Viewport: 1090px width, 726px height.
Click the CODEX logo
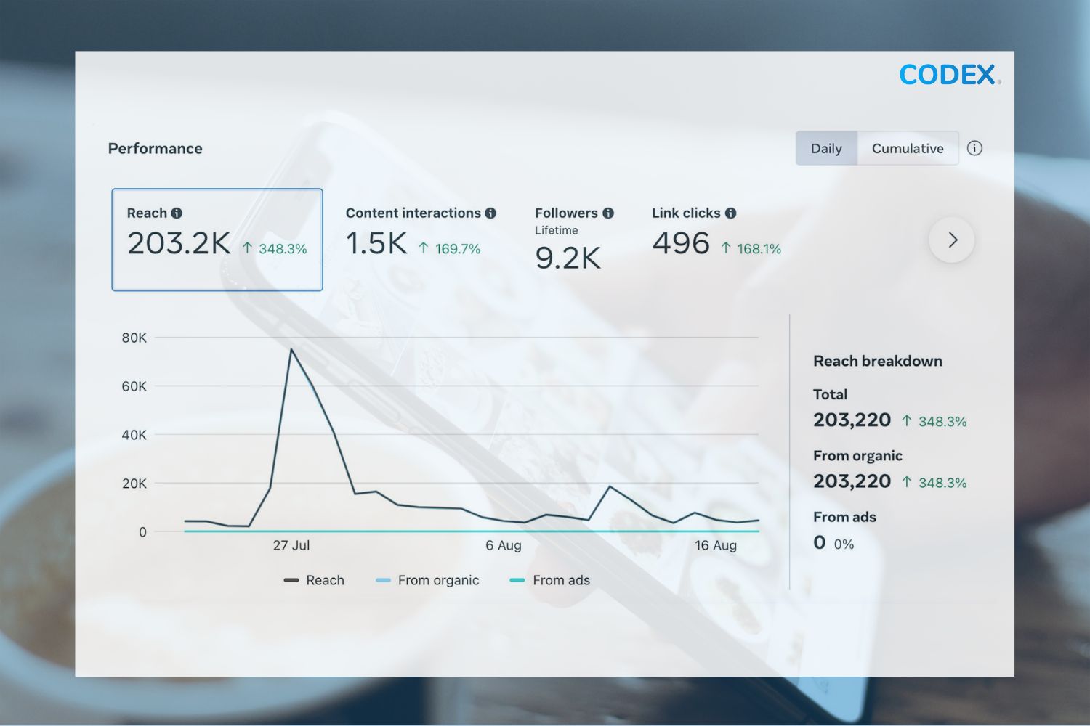(x=948, y=75)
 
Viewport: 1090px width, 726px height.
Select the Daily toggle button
(x=826, y=148)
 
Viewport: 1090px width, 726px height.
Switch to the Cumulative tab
(x=908, y=148)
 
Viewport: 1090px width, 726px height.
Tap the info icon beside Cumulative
(x=974, y=148)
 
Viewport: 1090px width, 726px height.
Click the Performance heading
(x=155, y=148)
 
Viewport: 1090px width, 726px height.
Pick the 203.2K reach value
(x=179, y=244)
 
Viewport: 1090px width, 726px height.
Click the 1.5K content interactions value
(x=376, y=244)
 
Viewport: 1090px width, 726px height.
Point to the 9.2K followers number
(x=568, y=258)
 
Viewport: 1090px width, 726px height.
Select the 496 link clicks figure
(x=680, y=244)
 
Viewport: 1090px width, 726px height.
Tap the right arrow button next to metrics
(x=951, y=240)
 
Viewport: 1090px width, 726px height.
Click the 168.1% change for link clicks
(x=758, y=249)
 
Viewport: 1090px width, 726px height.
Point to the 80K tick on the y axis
(x=134, y=338)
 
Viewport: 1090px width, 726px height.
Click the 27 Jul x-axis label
(x=291, y=545)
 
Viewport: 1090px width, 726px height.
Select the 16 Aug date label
(x=716, y=545)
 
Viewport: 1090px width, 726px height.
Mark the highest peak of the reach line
(x=291, y=350)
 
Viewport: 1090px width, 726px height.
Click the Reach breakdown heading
(x=877, y=361)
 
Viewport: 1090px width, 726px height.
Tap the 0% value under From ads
(x=844, y=544)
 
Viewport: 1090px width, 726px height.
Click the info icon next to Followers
(x=608, y=213)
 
